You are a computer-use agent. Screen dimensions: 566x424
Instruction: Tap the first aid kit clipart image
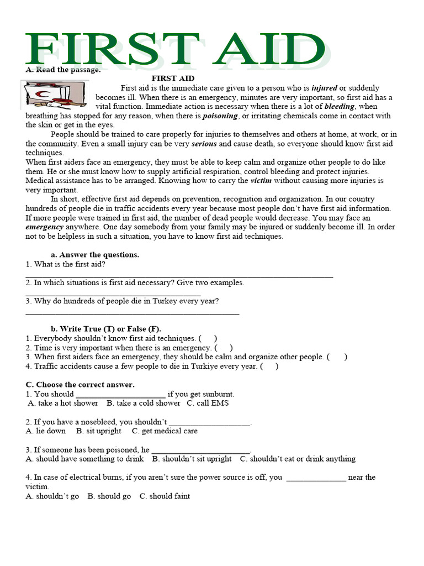[x=53, y=95]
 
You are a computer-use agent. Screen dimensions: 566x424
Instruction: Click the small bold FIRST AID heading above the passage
[x=173, y=78]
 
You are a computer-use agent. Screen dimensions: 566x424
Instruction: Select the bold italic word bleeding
[x=340, y=107]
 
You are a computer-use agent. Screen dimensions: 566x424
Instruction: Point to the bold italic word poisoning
[x=220, y=116]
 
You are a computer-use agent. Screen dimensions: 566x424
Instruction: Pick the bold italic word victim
[x=261, y=181]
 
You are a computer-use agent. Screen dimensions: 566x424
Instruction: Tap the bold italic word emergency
[x=43, y=227]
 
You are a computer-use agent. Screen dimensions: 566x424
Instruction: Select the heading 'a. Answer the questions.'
[x=94, y=255]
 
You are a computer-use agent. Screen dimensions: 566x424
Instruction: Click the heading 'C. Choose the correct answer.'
[x=80, y=385]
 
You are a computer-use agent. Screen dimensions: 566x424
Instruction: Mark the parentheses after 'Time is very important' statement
[x=224, y=348]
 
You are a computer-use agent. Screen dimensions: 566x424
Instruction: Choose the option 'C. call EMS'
[x=208, y=403]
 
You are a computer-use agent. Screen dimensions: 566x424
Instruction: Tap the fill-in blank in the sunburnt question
[x=120, y=394]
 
